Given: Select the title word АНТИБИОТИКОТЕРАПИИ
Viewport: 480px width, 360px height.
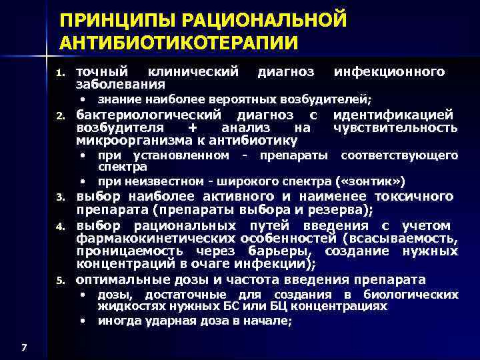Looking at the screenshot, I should coord(178,42).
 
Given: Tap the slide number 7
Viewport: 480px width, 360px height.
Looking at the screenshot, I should coord(24,347).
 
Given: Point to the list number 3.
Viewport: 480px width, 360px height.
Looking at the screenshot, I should coord(59,197).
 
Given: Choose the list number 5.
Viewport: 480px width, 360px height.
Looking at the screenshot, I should coord(59,279).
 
